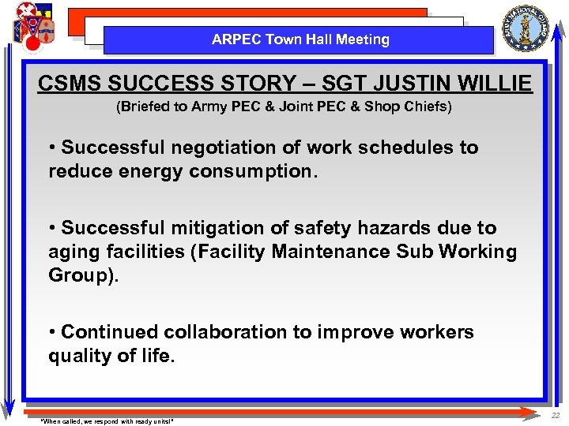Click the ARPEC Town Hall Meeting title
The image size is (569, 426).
coord(300,39)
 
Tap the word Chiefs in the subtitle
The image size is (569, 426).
coord(427,106)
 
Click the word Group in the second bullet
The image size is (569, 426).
coord(77,276)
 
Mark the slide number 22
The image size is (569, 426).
coord(555,416)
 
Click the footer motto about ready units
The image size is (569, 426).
coord(106,420)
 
